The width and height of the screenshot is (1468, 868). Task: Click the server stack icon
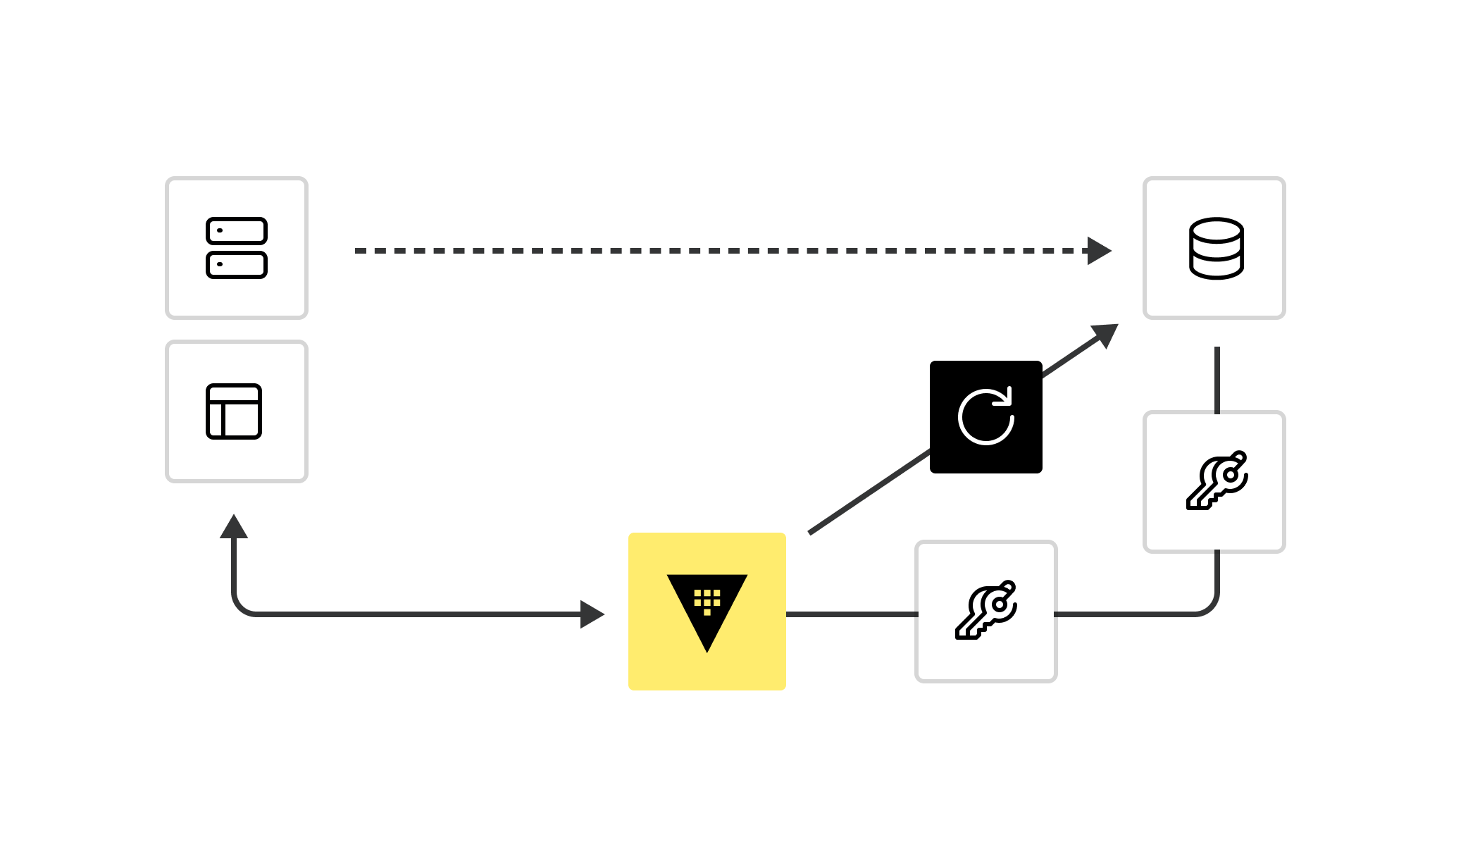tap(237, 248)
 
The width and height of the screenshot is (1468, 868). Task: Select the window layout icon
tap(234, 411)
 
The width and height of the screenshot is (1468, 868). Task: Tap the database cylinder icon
tap(1217, 249)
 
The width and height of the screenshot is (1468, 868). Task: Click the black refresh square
tap(985, 417)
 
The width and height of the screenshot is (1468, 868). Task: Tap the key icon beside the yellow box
tap(986, 611)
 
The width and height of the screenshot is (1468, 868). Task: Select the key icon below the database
tap(1217, 481)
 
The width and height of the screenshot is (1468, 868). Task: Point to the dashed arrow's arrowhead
tap(1099, 251)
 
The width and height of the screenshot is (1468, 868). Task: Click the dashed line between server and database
tap(704, 251)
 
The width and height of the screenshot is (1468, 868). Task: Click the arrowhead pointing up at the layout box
tap(234, 526)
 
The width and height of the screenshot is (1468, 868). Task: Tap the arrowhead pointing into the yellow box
tap(592, 614)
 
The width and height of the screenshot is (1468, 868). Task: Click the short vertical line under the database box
tap(1217, 379)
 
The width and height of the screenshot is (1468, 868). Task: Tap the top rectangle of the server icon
tap(237, 231)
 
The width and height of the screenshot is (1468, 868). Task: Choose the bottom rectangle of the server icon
tap(237, 265)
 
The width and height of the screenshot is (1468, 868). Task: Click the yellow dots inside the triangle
tap(707, 600)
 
